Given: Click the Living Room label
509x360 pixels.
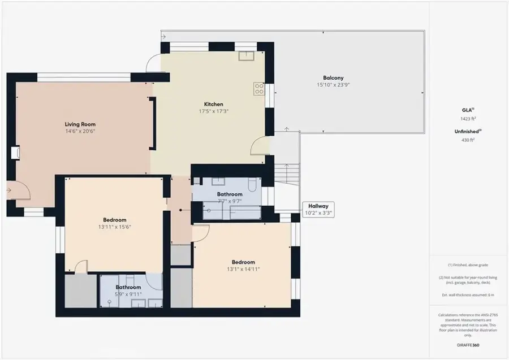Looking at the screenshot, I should (x=80, y=124).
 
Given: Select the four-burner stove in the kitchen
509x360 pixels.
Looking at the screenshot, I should (x=259, y=89).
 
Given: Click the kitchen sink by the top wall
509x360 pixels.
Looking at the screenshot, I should (x=246, y=55).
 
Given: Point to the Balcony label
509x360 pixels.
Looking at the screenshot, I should (x=333, y=78).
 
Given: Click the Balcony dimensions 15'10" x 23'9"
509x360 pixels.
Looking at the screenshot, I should (x=333, y=85).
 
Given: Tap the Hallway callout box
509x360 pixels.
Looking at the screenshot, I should (x=318, y=210).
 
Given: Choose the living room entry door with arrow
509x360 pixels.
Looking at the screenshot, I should (x=17, y=191).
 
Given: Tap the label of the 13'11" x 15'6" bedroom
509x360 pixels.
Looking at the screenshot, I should (x=114, y=220).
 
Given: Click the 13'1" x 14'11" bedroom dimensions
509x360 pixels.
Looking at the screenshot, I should (x=243, y=270).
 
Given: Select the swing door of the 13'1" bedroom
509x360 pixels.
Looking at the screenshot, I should (x=200, y=233).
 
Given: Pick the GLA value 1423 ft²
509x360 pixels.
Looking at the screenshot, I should (x=467, y=119).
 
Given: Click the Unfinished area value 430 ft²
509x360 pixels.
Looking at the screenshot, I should (x=467, y=139).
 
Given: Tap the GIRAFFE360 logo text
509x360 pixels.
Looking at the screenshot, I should (x=467, y=344).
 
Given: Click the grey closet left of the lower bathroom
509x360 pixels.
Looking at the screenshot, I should (x=81, y=290).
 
